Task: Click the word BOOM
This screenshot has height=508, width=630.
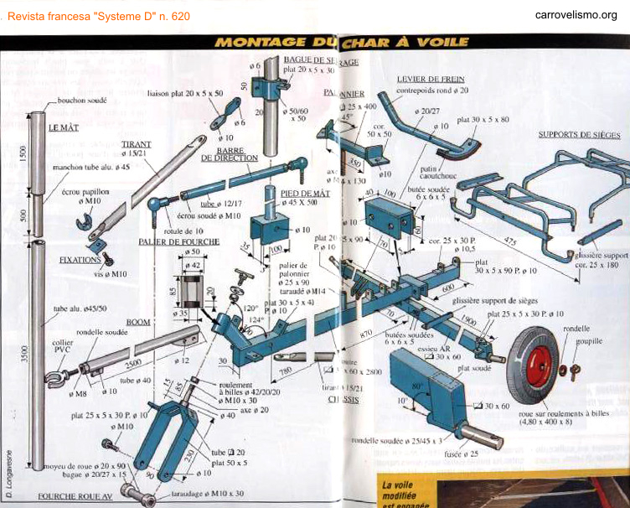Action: pos(138,322)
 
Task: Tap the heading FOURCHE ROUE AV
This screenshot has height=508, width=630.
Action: pos(75,495)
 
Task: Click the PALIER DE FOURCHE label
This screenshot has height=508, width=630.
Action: pos(172,241)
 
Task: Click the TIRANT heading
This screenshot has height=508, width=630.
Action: pos(136,144)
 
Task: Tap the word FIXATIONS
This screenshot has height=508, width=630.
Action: pos(80,261)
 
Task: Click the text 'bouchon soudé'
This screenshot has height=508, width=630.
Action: pos(80,101)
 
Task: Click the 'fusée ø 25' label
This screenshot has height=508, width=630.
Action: pos(467,454)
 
